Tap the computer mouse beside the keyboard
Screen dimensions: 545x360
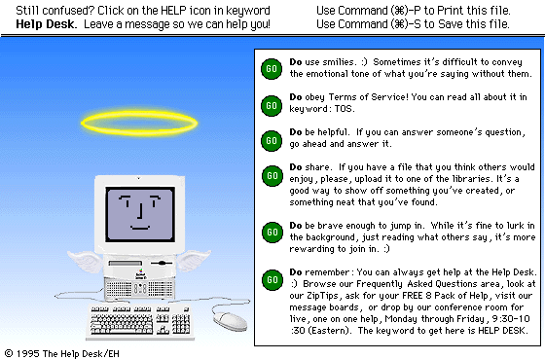click(230, 321)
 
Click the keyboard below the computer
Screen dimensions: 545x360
click(140, 322)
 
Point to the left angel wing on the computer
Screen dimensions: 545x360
click(86, 261)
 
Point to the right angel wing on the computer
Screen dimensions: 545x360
click(194, 260)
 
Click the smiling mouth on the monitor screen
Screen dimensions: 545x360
click(140, 228)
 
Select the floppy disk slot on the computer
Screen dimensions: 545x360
click(126, 264)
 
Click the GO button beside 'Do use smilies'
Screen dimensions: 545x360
click(272, 69)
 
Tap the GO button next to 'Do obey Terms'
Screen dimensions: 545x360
click(272, 106)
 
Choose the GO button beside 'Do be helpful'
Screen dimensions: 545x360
click(272, 141)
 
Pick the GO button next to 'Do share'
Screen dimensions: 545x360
click(272, 176)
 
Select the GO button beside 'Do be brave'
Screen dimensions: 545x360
click(272, 233)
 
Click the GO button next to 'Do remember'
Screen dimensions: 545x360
click(272, 280)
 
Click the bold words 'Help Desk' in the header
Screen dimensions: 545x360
click(46, 24)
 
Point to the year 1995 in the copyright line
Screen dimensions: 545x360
click(27, 354)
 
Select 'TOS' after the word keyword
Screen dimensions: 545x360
click(344, 109)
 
